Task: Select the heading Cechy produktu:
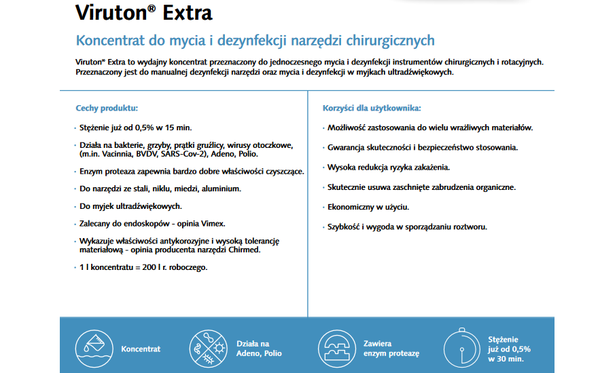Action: pyautogui.click(x=107, y=108)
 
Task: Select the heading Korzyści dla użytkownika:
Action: pyautogui.click(x=371, y=108)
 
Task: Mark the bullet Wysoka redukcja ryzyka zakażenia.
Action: pyautogui.click(x=388, y=167)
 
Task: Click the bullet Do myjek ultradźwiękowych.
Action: pyautogui.click(x=121, y=205)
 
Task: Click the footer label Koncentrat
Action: pyautogui.click(x=141, y=349)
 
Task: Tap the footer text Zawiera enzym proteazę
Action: pyautogui.click(x=391, y=349)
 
